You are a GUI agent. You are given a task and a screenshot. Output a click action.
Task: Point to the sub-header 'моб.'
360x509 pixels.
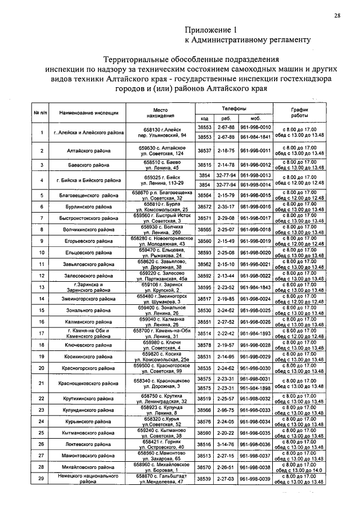pos(255,119)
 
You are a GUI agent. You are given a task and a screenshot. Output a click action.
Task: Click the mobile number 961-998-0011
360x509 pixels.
pos(256,151)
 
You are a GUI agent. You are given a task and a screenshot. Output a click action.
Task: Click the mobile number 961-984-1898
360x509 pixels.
pos(256,388)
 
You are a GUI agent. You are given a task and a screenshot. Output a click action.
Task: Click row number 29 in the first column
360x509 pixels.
pos(42,479)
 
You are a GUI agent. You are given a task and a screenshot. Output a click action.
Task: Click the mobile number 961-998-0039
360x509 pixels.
pos(256,479)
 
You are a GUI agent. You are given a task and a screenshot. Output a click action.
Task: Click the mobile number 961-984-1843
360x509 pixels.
pos(256,287)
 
